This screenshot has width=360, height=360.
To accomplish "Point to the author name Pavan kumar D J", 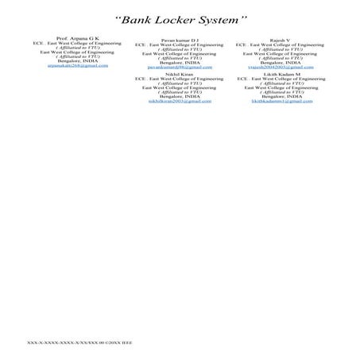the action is point(180,41).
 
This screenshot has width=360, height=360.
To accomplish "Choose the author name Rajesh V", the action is point(281,41).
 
